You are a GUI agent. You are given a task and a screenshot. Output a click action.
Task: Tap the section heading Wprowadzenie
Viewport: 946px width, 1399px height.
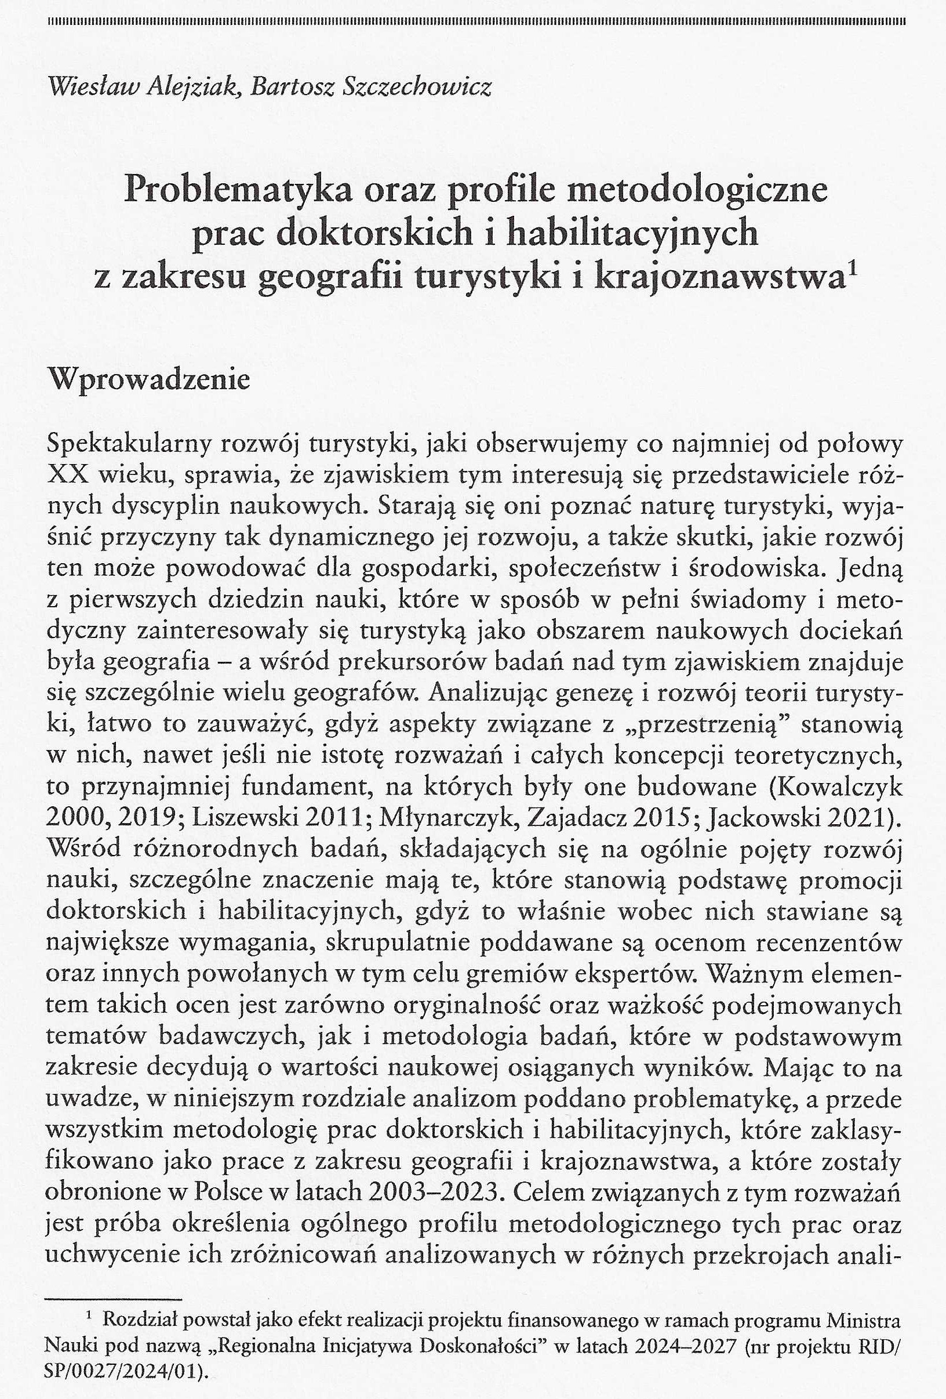[x=151, y=380]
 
